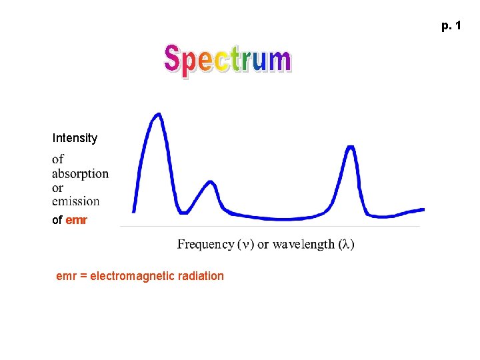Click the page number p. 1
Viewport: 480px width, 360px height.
450,26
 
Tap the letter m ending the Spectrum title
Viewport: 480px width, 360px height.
279,61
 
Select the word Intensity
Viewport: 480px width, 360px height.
75,139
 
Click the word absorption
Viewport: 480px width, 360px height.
80,174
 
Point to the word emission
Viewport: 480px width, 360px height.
75,201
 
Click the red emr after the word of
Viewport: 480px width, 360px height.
77,220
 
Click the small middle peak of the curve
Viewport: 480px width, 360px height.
211,182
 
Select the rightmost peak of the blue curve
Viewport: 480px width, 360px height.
351,147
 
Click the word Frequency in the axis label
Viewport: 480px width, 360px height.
205,245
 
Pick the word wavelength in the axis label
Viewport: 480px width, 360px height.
303,245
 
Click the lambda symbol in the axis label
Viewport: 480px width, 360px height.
345,245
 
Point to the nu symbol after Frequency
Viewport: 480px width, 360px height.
247,245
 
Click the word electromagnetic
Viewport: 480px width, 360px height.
135,276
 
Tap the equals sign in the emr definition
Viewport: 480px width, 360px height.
83,276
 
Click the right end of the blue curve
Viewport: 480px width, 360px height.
423,209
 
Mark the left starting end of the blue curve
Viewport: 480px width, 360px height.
135,211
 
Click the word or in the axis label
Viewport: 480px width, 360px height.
262,245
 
